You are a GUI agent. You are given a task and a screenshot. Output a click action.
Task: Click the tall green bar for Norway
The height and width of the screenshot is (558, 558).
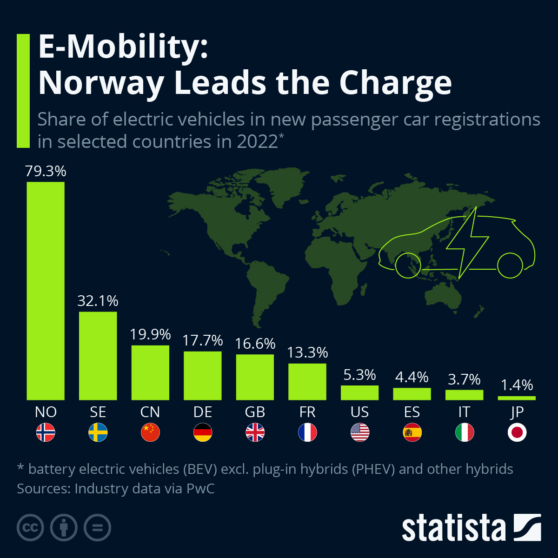coord(46,291)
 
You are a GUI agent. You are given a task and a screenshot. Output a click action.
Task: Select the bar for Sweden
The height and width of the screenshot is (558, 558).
coord(98,356)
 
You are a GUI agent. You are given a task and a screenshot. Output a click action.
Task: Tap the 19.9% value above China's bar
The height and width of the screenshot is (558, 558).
coord(150,334)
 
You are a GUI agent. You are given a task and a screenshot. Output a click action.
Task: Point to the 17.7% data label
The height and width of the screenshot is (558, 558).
coord(203,340)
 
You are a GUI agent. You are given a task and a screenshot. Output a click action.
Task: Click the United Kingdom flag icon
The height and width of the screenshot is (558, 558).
coord(255,433)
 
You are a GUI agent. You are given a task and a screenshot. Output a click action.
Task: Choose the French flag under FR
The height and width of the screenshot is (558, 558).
coord(307,433)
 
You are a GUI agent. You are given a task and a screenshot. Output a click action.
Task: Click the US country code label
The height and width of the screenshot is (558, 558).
coord(359,412)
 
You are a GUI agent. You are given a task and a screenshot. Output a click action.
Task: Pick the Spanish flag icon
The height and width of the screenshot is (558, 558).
coord(412,433)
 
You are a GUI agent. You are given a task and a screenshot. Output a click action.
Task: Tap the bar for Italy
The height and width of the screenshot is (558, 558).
coord(464,395)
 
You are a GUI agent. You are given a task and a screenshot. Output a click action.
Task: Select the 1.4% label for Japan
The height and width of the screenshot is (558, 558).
coord(517,385)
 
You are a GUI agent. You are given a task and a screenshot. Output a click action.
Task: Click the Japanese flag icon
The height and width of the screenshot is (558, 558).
coord(517,433)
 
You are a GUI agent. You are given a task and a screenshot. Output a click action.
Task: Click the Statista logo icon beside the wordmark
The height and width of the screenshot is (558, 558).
coord(527,527)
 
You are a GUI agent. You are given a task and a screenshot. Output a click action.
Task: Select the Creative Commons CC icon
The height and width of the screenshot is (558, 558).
coord(30,528)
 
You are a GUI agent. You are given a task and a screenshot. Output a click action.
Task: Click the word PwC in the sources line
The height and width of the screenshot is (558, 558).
coord(200,489)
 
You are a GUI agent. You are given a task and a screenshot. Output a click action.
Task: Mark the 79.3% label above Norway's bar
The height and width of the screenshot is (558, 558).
coord(46,171)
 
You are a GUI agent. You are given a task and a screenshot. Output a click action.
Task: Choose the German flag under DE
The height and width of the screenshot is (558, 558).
coord(203,433)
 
